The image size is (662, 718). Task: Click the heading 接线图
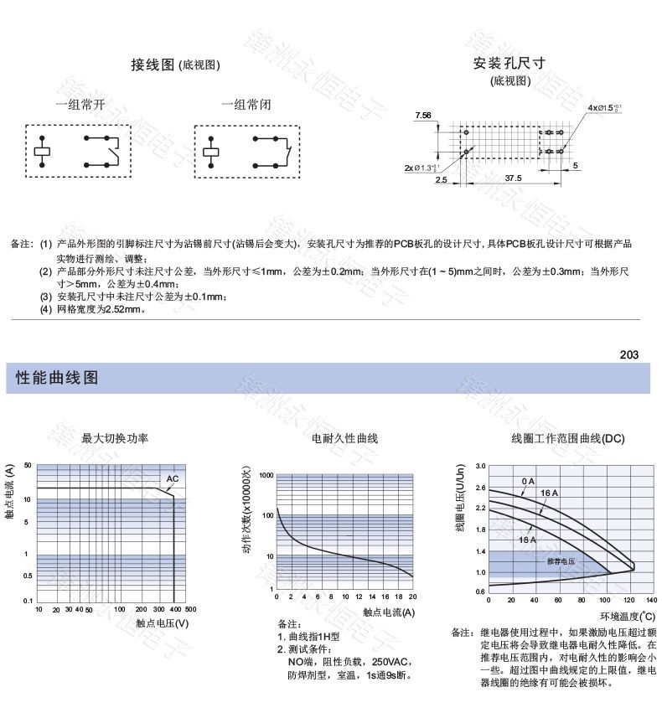153,65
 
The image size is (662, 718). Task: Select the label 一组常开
80,105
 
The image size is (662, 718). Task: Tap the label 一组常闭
246,105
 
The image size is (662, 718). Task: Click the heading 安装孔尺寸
509,64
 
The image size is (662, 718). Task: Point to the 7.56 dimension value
423,116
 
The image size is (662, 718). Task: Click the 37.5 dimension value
513,178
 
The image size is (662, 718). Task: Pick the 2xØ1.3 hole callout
422,168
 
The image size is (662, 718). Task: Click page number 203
629,354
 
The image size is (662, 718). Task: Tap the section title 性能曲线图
58,378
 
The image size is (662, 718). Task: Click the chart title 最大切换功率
115,438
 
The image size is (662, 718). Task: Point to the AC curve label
172,479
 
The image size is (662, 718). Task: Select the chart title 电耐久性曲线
344,438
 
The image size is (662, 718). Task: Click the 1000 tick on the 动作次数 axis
266,475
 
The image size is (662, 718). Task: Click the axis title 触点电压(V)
162,623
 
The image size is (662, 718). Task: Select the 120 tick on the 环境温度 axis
628,601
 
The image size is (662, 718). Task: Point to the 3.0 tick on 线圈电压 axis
480,466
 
